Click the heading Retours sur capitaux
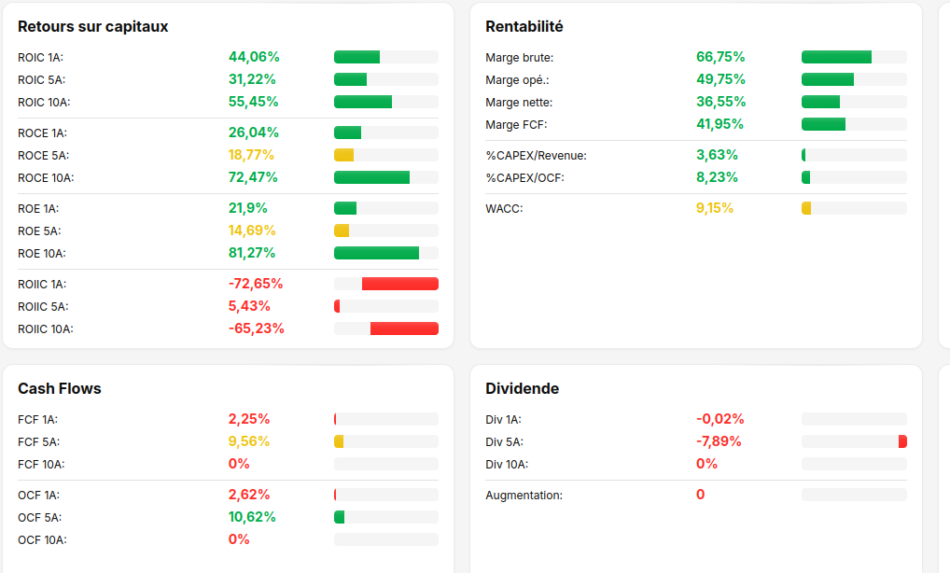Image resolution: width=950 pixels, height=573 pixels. pos(92,27)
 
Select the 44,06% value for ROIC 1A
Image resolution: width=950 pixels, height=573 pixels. pos(254,57)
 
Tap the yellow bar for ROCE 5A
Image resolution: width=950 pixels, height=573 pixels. pos(343,155)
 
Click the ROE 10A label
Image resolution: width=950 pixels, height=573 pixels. pos(42,254)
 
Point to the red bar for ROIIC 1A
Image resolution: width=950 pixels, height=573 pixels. pos(399,284)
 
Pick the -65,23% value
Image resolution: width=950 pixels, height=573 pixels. pos(257,328)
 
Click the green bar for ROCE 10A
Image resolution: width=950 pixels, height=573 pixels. pos(371,177)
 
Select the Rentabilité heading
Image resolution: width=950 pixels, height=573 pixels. pos(524,27)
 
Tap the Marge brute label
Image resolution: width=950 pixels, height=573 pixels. pos(519,58)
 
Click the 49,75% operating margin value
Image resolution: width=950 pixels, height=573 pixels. pos(720,79)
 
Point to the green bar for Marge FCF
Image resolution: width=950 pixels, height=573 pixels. pos(823,124)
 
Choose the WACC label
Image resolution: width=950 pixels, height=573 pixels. pos(504,209)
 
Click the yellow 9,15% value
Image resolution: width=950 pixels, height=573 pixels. pos(714,208)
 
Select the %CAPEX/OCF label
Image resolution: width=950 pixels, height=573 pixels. pos(524,178)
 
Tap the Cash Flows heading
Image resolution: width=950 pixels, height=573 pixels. pos(60,389)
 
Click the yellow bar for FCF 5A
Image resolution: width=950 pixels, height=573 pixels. pos(339,441)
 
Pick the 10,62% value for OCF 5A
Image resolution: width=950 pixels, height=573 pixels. pos(252,517)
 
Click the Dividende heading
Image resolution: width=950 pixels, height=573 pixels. pos(523,389)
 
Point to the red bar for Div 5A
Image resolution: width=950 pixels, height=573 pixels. pos(902,441)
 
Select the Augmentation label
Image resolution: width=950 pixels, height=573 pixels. pos(524,496)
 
